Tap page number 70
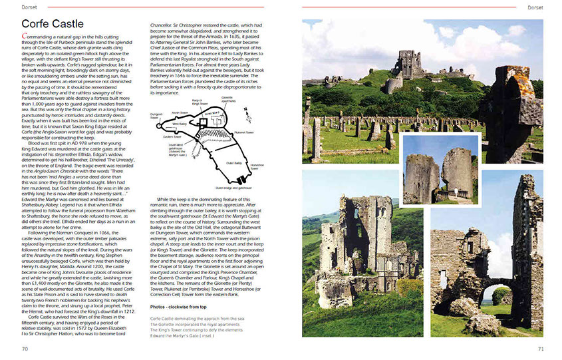[x=25, y=348]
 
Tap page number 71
[x=541, y=348]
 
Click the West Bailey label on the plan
[x=180, y=124]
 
